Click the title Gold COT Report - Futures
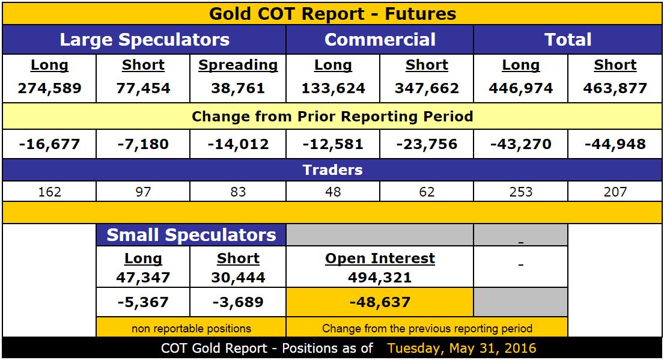click(332, 14)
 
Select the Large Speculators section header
click(144, 40)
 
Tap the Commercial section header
click(380, 40)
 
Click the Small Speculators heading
click(191, 235)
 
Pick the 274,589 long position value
click(49, 89)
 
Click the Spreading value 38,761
click(238, 89)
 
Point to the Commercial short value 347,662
click(427, 89)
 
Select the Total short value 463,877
click(615, 89)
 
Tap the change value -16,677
click(49, 144)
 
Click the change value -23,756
click(427, 144)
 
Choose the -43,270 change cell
click(520, 144)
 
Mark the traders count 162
click(49, 192)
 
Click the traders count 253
click(520, 192)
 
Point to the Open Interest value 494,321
click(380, 278)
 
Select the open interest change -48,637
click(380, 302)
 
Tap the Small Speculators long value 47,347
click(143, 278)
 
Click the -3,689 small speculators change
click(238, 302)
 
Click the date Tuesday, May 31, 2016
click(461, 349)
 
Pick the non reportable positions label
click(191, 328)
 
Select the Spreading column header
click(238, 66)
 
